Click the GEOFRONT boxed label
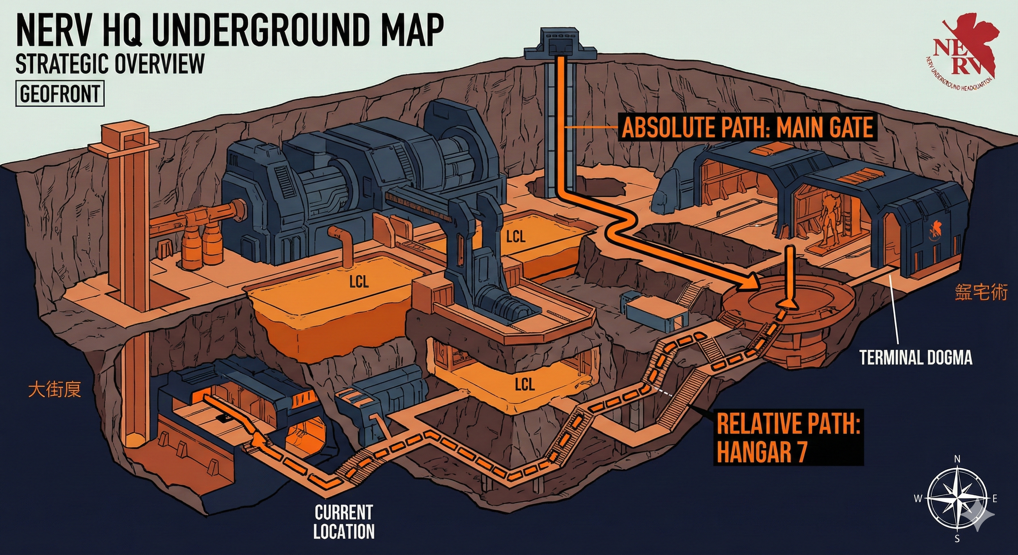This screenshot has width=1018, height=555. point(60,94)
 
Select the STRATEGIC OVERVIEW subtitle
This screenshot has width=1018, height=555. point(110,63)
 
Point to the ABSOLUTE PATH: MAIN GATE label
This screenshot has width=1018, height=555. point(747,128)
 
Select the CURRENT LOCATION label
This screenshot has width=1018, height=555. point(343,522)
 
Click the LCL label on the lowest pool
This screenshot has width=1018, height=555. point(525,384)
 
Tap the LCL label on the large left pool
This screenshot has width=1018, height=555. point(359,281)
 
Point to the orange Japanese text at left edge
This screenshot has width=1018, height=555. point(55,389)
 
